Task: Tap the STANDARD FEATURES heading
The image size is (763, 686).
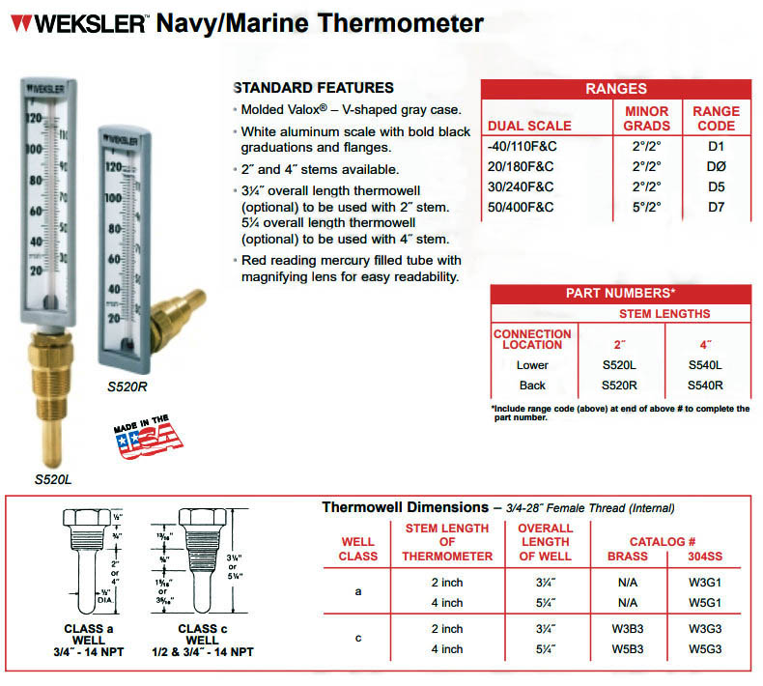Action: pyautogui.click(x=314, y=87)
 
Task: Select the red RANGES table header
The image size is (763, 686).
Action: pyautogui.click(x=615, y=89)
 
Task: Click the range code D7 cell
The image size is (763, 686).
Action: pyautogui.click(x=716, y=207)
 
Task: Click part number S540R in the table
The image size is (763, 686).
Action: pyautogui.click(x=706, y=386)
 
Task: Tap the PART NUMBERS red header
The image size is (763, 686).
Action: pyautogui.click(x=620, y=293)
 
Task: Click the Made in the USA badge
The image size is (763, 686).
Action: pyautogui.click(x=148, y=437)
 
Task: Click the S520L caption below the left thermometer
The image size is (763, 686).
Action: pyautogui.click(x=55, y=478)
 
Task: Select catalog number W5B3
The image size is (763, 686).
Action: pyautogui.click(x=628, y=648)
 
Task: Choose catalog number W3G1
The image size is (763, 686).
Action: pyautogui.click(x=706, y=584)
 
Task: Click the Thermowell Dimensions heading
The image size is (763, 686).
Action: pyautogui.click(x=405, y=507)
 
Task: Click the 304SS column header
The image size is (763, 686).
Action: pyautogui.click(x=706, y=557)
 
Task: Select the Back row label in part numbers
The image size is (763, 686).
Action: pyautogui.click(x=532, y=386)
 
